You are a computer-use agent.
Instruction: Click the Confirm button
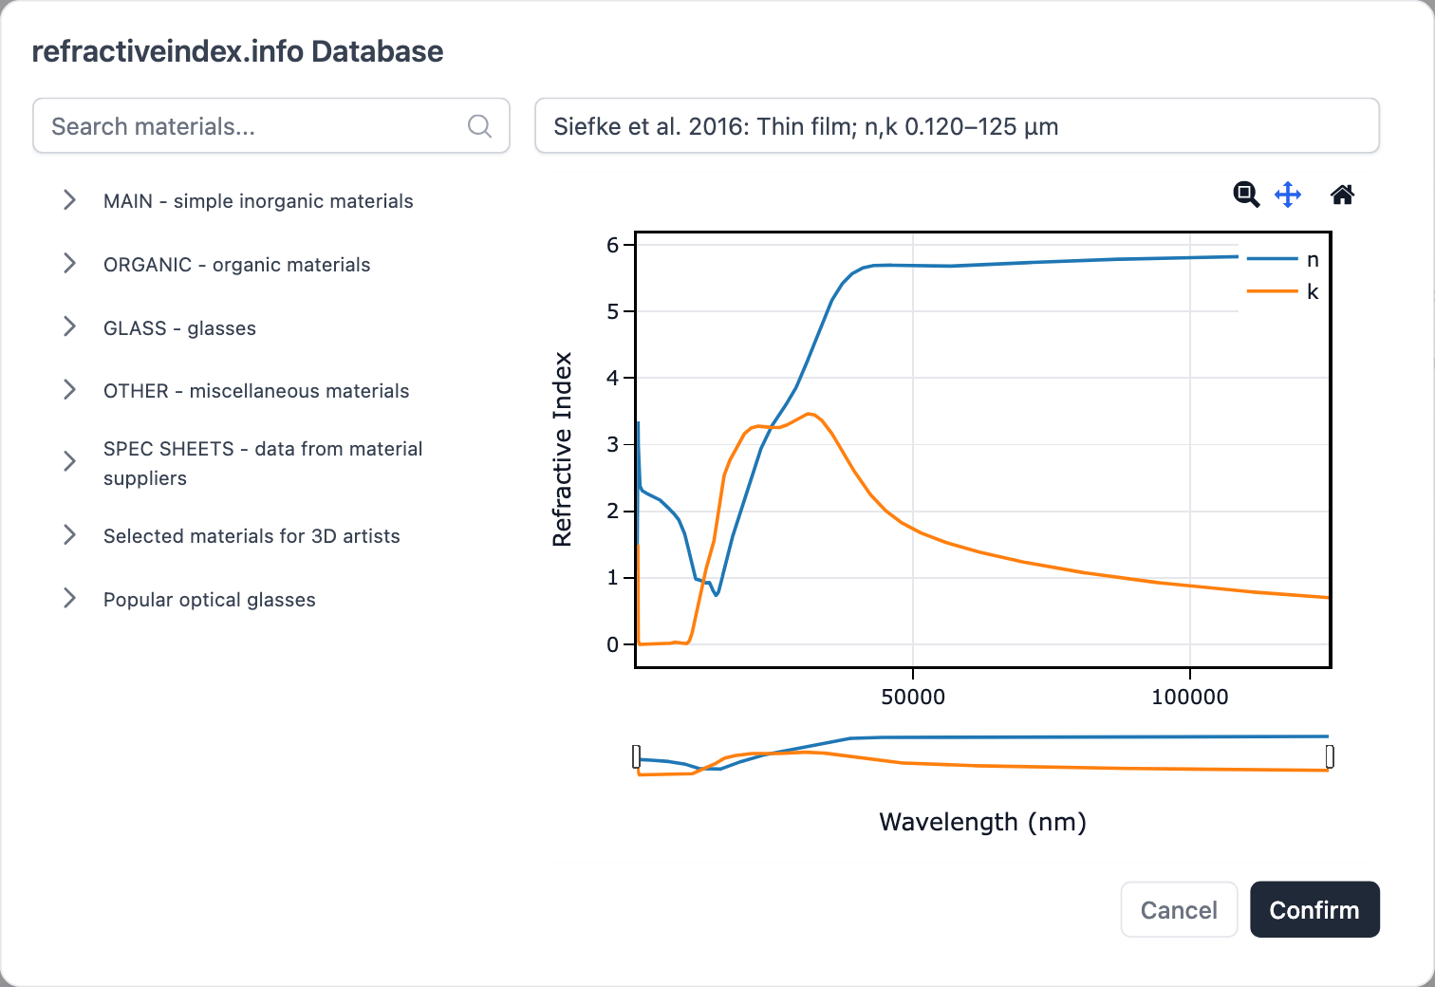pyautogui.click(x=1314, y=910)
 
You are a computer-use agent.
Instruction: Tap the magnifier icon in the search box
pyautogui.click(x=480, y=126)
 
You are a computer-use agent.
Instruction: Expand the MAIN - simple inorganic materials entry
pyautogui.click(x=258, y=201)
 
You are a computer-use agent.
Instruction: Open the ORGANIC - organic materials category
pyautogui.click(x=236, y=265)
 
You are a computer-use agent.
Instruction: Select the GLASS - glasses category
pyautogui.click(x=179, y=328)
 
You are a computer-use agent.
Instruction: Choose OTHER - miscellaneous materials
pyautogui.click(x=256, y=391)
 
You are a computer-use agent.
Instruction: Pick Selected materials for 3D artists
pyautogui.click(x=252, y=536)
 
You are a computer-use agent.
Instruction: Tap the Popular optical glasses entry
pyautogui.click(x=209, y=600)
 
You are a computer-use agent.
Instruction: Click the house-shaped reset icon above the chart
pyautogui.click(x=1342, y=196)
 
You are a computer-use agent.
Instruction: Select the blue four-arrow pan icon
pyautogui.click(x=1288, y=196)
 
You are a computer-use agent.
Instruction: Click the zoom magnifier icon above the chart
pyautogui.click(x=1246, y=195)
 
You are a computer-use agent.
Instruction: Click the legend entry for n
pyautogui.click(x=1283, y=260)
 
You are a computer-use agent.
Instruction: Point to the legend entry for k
pyautogui.click(x=1283, y=292)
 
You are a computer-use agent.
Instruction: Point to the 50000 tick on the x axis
pyautogui.click(x=913, y=698)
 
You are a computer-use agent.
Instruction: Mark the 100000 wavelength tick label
pyautogui.click(x=1190, y=698)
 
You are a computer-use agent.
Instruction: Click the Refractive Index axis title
pyautogui.click(x=563, y=449)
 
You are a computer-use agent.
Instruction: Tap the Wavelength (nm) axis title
pyautogui.click(x=982, y=822)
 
